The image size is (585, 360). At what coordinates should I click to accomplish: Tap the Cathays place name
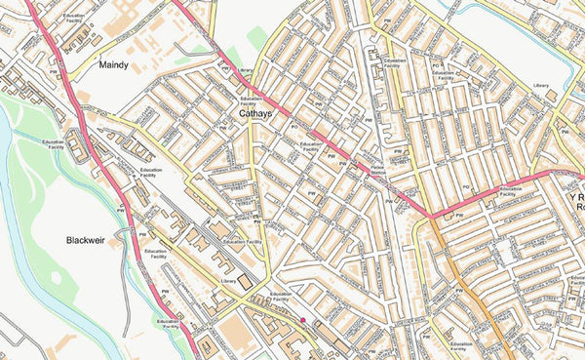255,114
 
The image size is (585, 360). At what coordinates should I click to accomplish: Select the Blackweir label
92,240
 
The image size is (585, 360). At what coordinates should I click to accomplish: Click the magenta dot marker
303,320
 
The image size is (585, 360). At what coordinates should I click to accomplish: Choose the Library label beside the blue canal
542,86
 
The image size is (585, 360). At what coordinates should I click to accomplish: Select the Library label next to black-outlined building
230,281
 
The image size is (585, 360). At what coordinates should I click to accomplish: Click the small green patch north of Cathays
256,39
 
